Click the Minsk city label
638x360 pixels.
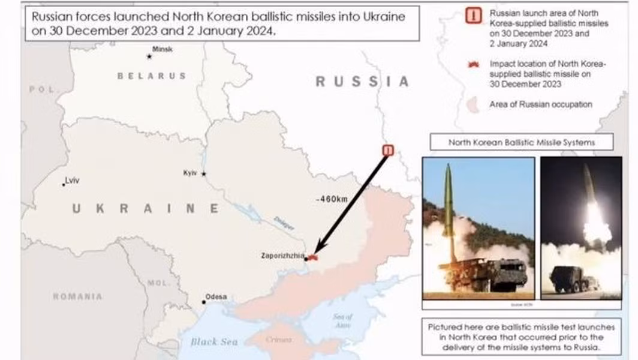click(162, 49)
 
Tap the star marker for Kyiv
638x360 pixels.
click(204, 174)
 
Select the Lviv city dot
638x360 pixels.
click(64, 184)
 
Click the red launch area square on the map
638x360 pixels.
click(388, 150)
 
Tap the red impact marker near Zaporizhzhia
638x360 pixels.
click(312, 257)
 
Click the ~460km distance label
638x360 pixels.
click(331, 199)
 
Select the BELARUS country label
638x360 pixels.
click(151, 76)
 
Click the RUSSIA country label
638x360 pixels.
click(362, 82)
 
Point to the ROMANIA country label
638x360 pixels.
click(77, 296)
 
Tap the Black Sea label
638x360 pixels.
click(214, 342)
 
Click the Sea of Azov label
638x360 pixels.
click(342, 320)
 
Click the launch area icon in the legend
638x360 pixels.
click(473, 17)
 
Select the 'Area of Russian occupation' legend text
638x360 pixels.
click(540, 104)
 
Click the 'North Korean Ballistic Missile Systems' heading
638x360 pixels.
click(522, 143)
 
